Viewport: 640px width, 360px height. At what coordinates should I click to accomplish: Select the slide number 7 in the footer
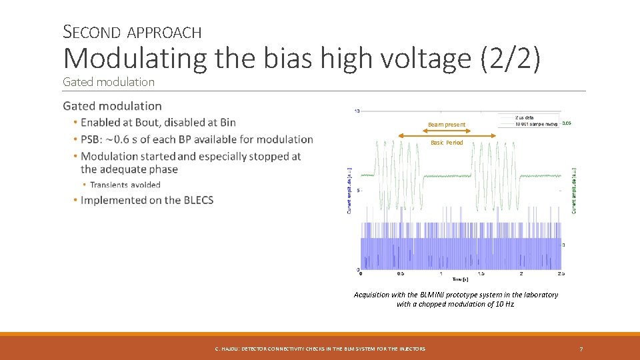point(581,349)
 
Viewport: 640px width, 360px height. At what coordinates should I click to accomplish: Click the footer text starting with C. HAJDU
point(320,349)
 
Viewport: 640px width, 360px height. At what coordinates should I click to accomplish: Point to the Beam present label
point(446,125)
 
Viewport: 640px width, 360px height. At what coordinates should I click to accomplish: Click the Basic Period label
point(446,143)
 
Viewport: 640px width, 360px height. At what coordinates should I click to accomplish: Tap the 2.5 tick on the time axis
point(561,274)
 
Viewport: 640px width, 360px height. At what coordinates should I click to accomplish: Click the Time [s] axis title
point(459,279)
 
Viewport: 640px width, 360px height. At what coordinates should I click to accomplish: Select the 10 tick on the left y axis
point(357,111)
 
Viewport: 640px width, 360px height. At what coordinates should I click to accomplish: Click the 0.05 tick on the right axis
point(567,123)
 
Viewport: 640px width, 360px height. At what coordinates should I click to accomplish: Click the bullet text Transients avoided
point(125,185)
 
